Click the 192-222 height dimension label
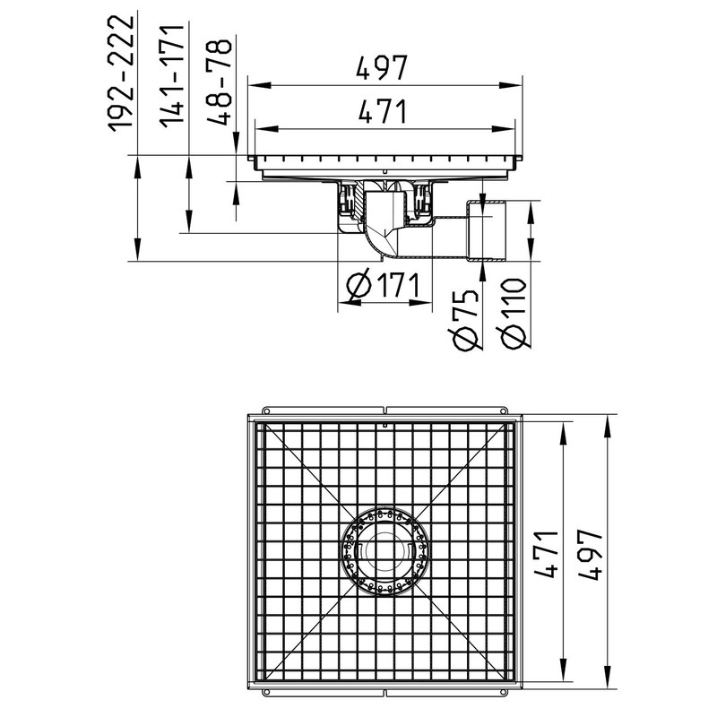[x=121, y=73]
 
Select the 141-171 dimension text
[x=172, y=76]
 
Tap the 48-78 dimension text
[x=220, y=82]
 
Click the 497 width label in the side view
[x=382, y=68]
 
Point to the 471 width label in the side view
[x=383, y=111]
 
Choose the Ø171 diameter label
[x=384, y=285]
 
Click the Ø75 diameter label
[x=466, y=320]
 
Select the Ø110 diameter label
[x=514, y=313]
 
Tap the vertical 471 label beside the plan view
[x=547, y=554]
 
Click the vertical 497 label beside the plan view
[x=590, y=554]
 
